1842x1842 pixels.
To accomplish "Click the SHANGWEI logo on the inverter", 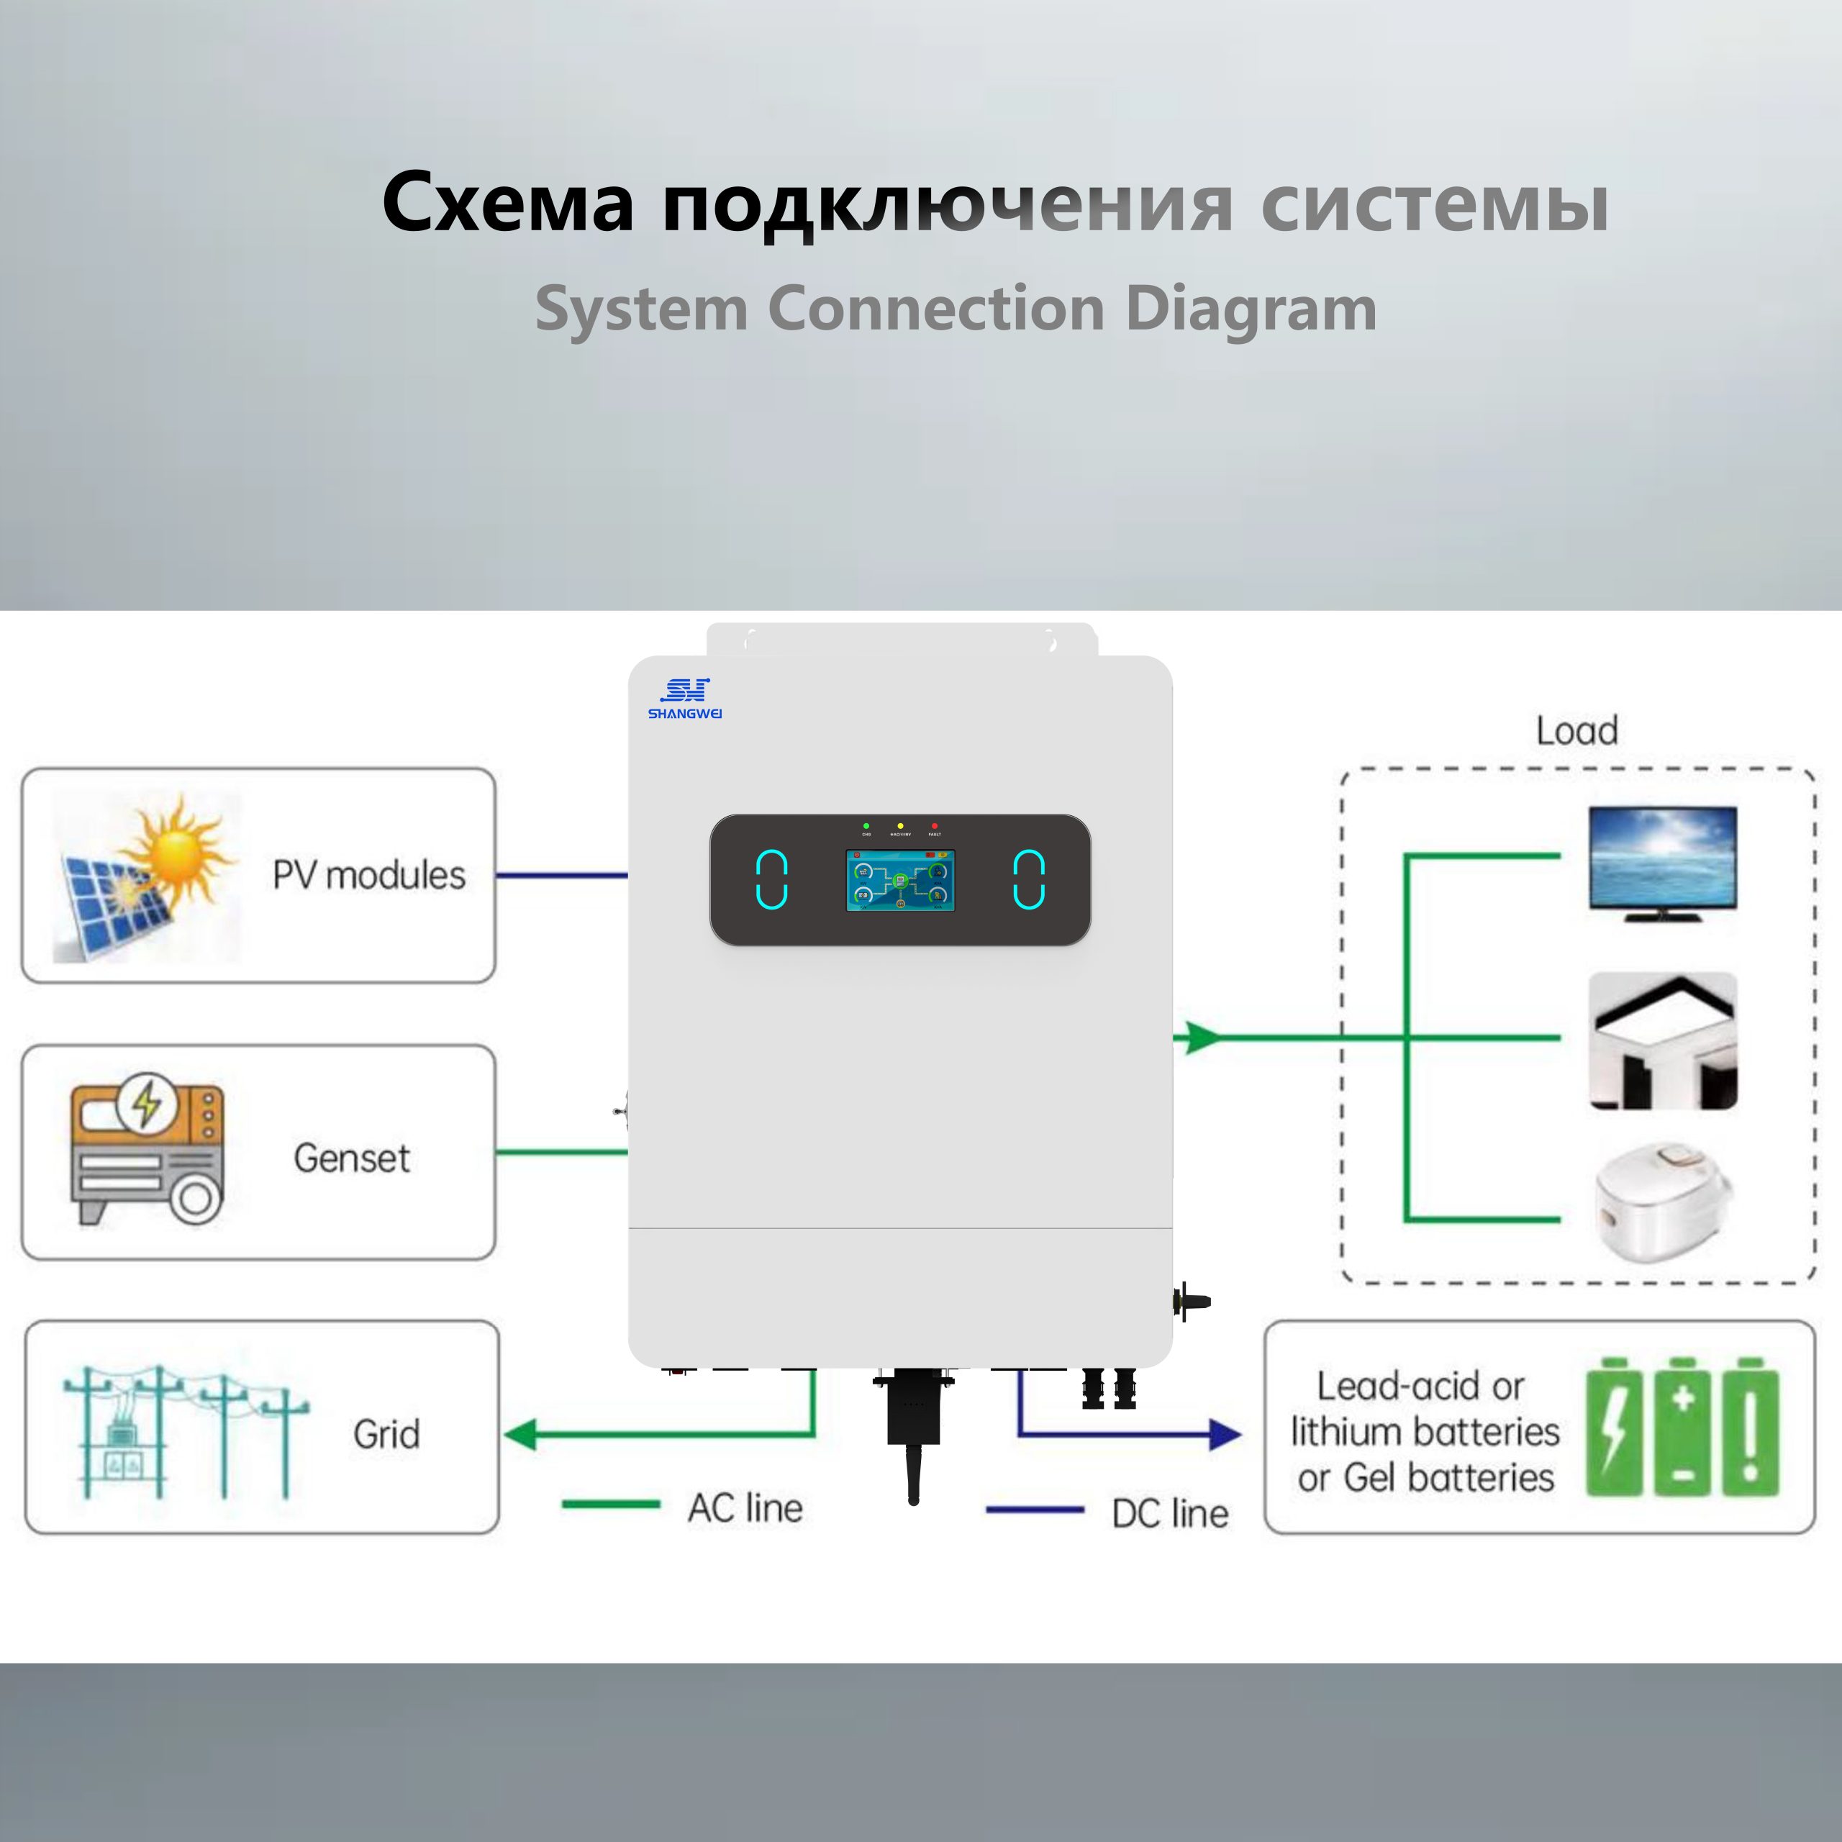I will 684,699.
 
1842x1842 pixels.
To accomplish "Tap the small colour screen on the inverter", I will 900,880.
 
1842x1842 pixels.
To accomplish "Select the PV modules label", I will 369,875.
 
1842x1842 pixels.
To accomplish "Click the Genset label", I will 352,1158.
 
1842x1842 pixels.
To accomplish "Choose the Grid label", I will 386,1434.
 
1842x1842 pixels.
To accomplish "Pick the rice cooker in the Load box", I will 1663,1203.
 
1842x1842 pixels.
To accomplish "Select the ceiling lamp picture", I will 1663,1041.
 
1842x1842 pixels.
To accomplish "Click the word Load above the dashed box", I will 1577,731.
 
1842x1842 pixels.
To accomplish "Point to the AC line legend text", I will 745,1508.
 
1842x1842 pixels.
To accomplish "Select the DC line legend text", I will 1170,1513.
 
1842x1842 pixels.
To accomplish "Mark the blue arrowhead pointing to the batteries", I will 1225,1434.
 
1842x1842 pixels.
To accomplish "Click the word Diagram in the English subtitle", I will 1251,309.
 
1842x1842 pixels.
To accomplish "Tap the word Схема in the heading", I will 507,203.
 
